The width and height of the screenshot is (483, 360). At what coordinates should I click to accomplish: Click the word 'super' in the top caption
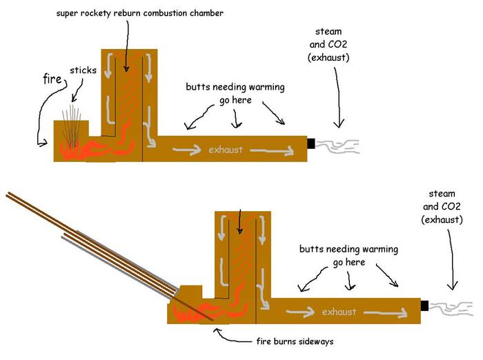(70, 13)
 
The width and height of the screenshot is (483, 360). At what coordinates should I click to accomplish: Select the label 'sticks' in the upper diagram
(83, 70)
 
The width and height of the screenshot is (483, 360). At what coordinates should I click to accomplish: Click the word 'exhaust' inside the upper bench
(226, 149)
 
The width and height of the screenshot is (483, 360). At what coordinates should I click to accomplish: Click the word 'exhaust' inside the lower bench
(339, 312)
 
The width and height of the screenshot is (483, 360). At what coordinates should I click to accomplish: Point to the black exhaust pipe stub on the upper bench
(311, 143)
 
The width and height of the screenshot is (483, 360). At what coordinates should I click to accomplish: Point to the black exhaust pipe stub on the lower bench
(425, 306)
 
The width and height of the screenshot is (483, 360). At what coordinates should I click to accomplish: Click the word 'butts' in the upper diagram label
(199, 88)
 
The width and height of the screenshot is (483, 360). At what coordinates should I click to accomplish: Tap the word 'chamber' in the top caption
(221, 13)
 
